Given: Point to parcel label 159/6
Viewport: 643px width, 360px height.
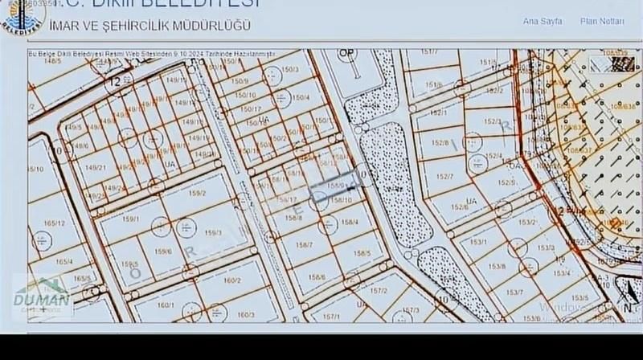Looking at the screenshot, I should [164, 250].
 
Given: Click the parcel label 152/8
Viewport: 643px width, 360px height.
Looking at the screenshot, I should [440, 143].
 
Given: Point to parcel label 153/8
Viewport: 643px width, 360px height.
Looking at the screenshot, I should [498, 265].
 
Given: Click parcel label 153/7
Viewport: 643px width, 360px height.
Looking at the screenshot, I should [515, 292].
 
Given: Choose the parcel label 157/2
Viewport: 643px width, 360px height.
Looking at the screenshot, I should [379, 290].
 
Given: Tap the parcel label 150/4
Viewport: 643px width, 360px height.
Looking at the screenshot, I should [301, 98].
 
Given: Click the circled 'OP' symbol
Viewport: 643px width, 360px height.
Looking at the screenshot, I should [346, 53].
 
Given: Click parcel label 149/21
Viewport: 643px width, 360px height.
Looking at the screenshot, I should [96, 166].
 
